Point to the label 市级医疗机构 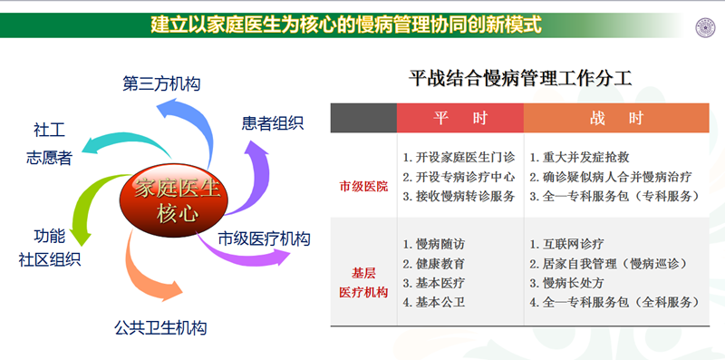click(x=264, y=239)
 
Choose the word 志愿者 click(x=49, y=158)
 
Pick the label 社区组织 click(x=49, y=259)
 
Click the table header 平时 click(x=459, y=118)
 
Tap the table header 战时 click(x=616, y=118)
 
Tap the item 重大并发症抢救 click(x=580, y=155)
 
